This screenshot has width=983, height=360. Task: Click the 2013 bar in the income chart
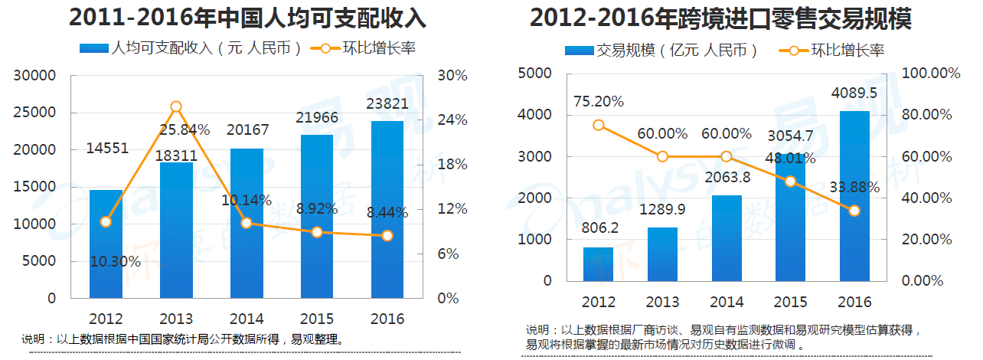click(176, 230)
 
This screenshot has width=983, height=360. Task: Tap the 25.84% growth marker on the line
click(176, 106)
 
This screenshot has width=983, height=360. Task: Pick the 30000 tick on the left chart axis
click(37, 76)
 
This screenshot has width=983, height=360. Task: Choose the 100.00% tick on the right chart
click(932, 73)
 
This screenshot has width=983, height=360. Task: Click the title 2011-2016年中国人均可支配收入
click(247, 18)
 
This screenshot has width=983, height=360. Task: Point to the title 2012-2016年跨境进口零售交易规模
click(720, 18)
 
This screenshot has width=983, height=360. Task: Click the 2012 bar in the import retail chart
click(598, 263)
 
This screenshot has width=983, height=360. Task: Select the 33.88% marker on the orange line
click(854, 211)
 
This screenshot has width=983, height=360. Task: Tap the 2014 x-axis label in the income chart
click(247, 319)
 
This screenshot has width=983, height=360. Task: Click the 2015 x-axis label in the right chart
click(790, 302)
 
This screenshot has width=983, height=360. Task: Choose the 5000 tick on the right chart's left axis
click(534, 73)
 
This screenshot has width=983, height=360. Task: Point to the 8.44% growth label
click(386, 213)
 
